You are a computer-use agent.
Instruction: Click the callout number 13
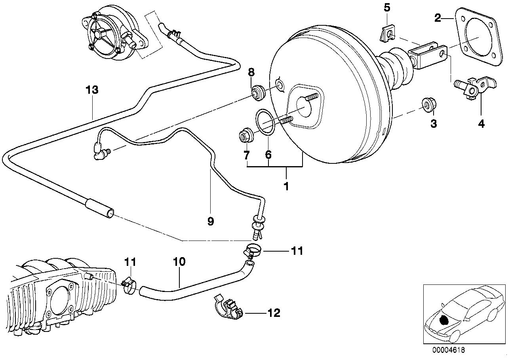(x=92, y=90)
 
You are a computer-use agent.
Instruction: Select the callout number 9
(x=210, y=221)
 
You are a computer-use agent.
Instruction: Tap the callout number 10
(x=179, y=261)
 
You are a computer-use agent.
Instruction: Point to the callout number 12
(x=274, y=313)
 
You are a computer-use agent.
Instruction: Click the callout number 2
(x=438, y=18)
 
